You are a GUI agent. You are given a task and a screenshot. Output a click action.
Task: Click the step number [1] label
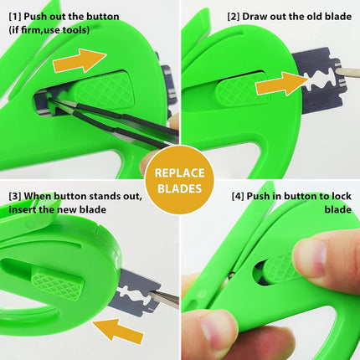(x=15, y=17)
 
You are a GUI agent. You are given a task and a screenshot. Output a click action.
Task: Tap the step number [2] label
(x=234, y=17)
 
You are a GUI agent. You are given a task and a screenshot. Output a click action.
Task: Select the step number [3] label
(x=15, y=196)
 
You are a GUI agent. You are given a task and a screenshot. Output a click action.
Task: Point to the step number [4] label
(x=238, y=196)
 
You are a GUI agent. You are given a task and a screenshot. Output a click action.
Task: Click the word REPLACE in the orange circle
(x=180, y=173)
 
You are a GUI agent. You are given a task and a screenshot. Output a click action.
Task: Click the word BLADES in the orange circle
(x=180, y=188)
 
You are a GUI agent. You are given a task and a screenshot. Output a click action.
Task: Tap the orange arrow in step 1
(x=80, y=60)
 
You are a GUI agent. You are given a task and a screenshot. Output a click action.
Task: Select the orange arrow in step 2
(x=282, y=83)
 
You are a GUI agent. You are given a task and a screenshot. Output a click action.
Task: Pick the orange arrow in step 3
(x=118, y=332)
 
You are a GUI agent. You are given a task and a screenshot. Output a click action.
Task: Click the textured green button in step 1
(x=104, y=90)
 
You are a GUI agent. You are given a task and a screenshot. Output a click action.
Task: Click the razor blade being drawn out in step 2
(x=319, y=80)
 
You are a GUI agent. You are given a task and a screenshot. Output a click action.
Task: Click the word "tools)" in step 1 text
(x=76, y=30)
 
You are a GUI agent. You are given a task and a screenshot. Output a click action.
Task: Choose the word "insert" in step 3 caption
(x=23, y=209)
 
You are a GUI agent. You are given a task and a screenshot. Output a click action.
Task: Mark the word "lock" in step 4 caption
(x=342, y=196)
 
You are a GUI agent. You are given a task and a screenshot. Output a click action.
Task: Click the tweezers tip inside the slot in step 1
(x=49, y=97)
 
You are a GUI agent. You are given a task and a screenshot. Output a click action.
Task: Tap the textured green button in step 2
(x=241, y=90)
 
